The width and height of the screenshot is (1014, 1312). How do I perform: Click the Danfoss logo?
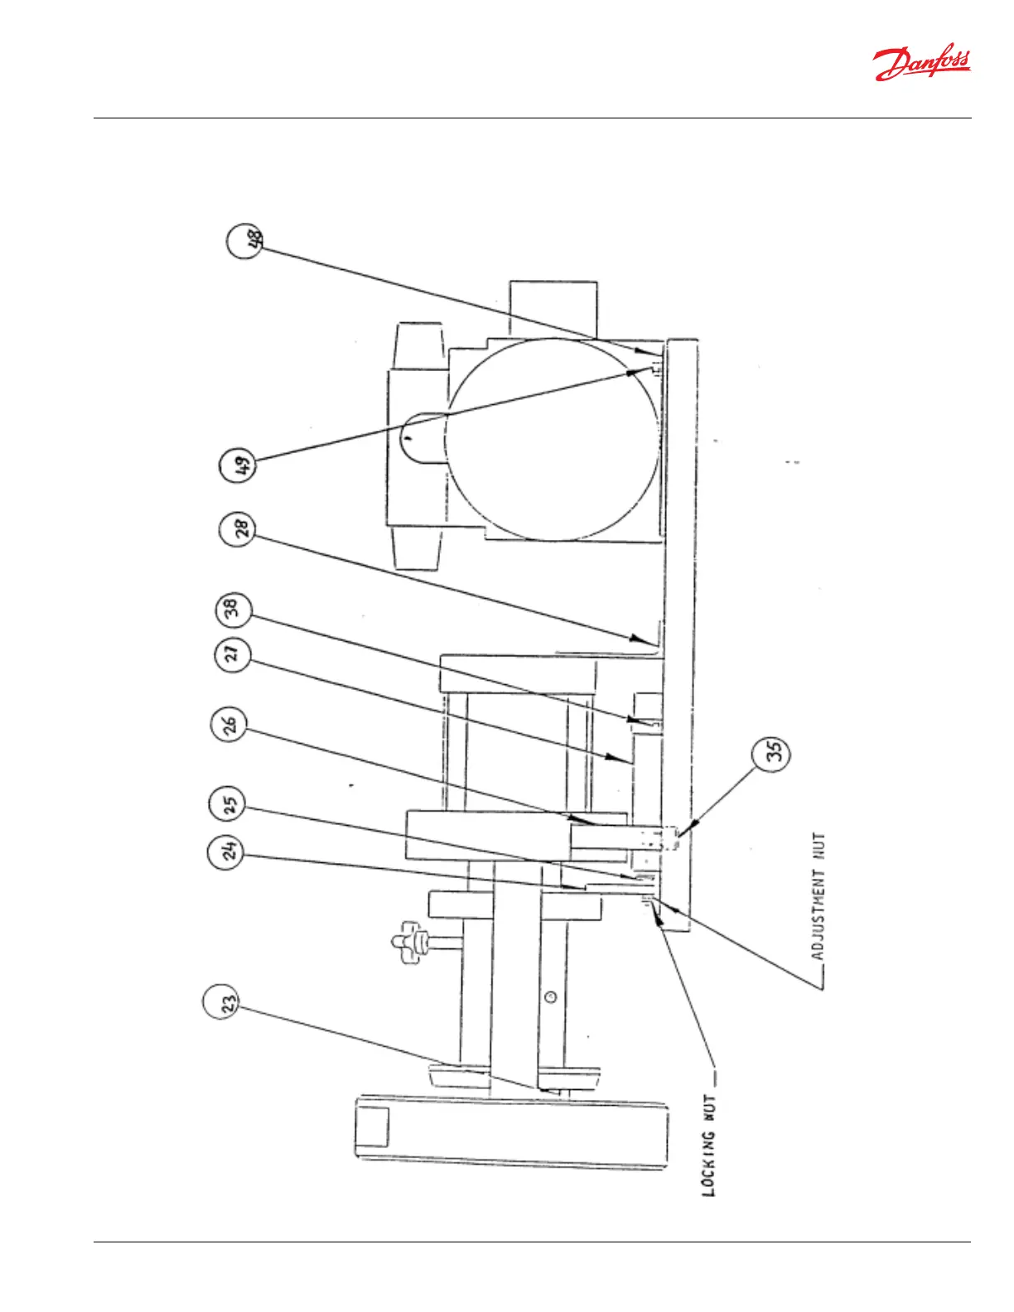[x=921, y=64]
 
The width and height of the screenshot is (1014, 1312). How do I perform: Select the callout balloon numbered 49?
[x=239, y=465]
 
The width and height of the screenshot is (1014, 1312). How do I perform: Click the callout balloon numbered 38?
[x=233, y=609]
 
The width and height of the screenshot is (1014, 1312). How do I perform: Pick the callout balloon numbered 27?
[x=233, y=654]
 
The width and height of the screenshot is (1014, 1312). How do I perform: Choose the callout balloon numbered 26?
[x=229, y=726]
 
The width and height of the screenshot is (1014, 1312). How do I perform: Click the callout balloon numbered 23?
[x=221, y=1002]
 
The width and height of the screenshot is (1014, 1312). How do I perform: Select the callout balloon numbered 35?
[x=771, y=752]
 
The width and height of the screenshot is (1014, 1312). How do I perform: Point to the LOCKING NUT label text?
[x=709, y=1146]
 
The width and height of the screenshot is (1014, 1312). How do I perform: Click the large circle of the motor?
[x=553, y=439]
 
